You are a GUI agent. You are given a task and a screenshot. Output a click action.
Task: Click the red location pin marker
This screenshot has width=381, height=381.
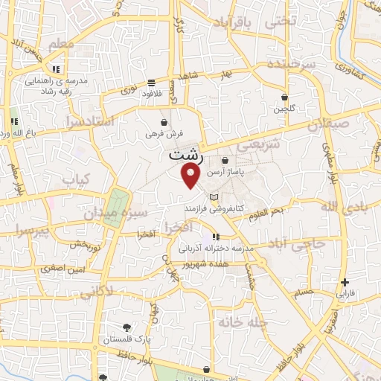191,176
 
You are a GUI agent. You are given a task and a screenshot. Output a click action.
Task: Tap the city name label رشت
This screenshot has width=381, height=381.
184,156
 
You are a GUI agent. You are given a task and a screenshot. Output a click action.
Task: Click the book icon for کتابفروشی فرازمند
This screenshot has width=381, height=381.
215,196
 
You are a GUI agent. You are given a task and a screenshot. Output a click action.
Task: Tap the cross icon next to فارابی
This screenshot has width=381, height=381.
345,282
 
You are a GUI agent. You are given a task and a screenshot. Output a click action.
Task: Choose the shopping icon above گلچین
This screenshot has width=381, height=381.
285,97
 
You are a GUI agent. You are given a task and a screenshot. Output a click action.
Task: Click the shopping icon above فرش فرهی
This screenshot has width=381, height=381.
164,122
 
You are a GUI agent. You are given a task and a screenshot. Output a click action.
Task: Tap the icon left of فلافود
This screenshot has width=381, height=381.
151,83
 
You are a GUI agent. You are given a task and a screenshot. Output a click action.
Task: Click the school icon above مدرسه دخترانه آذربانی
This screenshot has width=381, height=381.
216,237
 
